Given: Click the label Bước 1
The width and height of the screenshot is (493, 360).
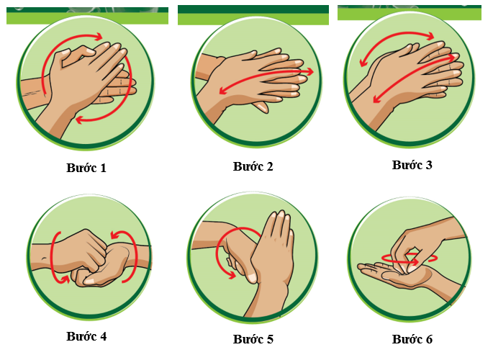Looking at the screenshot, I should (x=85, y=168).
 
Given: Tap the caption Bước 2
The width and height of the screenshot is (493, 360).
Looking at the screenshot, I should (x=253, y=166).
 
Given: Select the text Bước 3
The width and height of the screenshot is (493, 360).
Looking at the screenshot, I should (x=412, y=165).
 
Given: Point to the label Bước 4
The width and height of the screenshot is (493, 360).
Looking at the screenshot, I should (x=86, y=336).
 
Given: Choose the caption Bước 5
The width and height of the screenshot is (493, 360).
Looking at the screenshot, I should (x=253, y=339).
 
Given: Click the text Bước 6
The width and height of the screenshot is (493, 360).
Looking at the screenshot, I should (x=412, y=339).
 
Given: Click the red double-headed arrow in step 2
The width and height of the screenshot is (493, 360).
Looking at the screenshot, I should (x=266, y=80).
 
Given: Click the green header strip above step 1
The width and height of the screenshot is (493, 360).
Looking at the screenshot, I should (x=87, y=16).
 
